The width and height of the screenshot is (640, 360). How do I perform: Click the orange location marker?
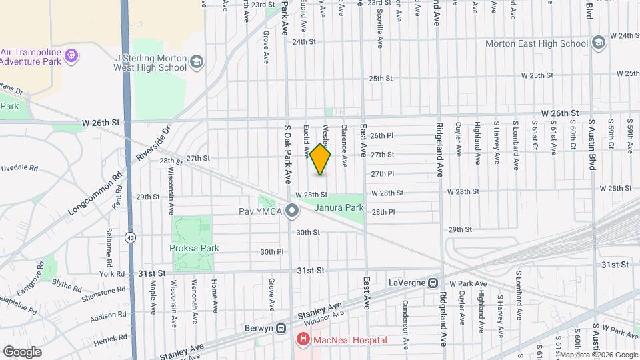click(x=321, y=159)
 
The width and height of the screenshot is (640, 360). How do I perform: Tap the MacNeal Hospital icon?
click(x=303, y=340)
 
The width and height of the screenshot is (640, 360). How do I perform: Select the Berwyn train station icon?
click(x=281, y=327)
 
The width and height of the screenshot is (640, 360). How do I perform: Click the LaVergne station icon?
click(x=433, y=283)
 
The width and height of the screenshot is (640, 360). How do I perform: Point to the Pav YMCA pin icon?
click(x=291, y=212)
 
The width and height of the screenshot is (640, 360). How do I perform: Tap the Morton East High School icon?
click(x=598, y=43)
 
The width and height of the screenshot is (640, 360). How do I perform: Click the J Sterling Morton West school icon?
click(x=196, y=62)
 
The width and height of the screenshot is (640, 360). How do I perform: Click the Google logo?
click(x=22, y=351)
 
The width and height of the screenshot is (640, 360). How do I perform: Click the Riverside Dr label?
click(x=154, y=142)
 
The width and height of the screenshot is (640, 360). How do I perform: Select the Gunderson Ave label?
click(x=405, y=323)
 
